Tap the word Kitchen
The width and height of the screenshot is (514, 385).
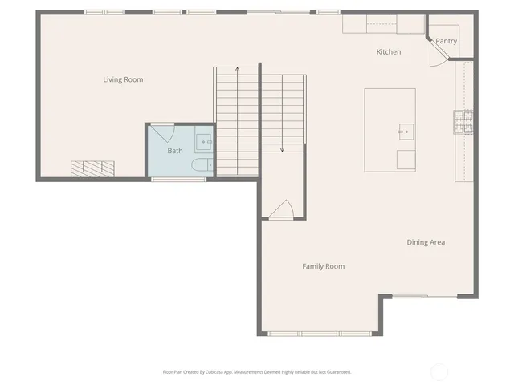(389, 52)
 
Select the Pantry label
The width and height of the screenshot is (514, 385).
(446, 41)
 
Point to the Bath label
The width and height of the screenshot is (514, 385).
(174, 151)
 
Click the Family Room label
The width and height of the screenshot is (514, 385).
(323, 266)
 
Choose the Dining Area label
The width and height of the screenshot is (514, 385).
(426, 242)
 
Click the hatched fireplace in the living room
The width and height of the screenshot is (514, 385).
(92, 168)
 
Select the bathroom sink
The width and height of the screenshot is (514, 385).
(204, 141)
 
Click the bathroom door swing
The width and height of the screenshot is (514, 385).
(163, 131)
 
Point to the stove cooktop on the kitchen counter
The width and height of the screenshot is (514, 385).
(463, 121)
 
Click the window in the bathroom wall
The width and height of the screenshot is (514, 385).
(173, 180)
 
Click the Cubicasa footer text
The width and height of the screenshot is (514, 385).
(257, 372)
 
